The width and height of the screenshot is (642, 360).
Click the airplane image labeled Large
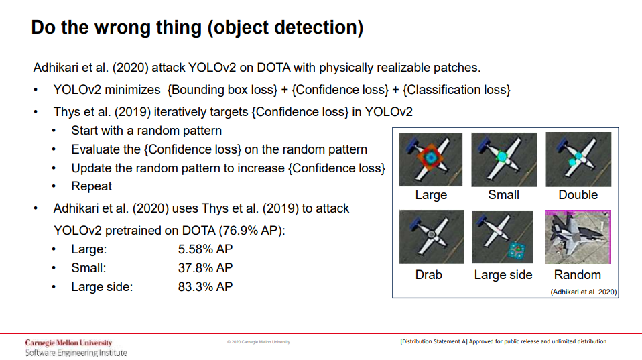(431, 160)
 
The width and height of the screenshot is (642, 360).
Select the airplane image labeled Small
(504, 160)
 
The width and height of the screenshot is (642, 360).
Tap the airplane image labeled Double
(578, 160)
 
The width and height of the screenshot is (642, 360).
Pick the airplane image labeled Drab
(432, 237)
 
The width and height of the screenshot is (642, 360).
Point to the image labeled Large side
(503, 237)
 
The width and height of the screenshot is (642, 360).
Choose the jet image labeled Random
(578, 237)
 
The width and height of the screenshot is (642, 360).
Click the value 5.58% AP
(205, 249)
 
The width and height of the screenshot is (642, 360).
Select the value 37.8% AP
(205, 268)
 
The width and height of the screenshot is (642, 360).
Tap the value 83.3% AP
(205, 287)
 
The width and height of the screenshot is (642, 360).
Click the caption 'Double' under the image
(578, 195)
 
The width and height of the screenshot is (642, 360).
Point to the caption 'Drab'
(429, 274)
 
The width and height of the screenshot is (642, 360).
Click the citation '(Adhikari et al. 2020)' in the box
(584, 292)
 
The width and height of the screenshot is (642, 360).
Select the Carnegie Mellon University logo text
(68, 343)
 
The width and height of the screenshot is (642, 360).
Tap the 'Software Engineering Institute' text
(76, 353)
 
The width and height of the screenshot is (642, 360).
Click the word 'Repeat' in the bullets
(91, 186)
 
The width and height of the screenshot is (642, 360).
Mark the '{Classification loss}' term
(456, 90)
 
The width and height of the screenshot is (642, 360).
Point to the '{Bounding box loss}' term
(222, 90)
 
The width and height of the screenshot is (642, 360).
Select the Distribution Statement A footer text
(504, 341)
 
